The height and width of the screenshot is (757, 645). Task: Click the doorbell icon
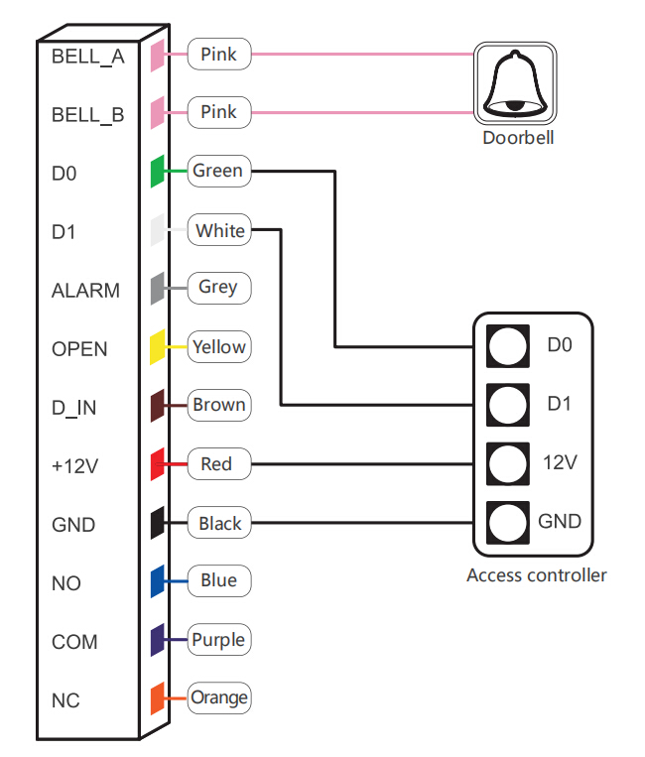click(x=515, y=83)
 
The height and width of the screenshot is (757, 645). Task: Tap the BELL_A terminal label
click(x=88, y=57)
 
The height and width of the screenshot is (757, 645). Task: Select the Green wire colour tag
click(x=219, y=171)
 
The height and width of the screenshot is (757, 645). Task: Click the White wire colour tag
click(x=219, y=230)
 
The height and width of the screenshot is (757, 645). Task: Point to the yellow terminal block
click(x=158, y=347)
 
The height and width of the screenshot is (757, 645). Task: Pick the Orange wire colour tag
click(x=219, y=698)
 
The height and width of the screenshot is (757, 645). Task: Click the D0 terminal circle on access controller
click(x=507, y=346)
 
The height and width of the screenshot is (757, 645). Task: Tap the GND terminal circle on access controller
click(x=507, y=523)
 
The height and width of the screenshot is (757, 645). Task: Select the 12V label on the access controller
click(x=560, y=462)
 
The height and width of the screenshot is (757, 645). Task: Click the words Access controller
click(x=537, y=575)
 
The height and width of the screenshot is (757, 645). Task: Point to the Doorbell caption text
click(x=518, y=138)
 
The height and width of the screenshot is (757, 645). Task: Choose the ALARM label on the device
click(x=86, y=291)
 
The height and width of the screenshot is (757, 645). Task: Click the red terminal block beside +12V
click(x=158, y=464)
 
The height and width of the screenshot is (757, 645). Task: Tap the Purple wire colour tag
click(x=219, y=640)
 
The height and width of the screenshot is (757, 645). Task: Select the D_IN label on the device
click(x=73, y=408)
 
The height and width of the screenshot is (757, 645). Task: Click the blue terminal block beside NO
click(x=158, y=581)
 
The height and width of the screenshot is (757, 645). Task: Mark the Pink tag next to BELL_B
click(x=219, y=112)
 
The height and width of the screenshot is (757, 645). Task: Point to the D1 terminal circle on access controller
click(x=507, y=405)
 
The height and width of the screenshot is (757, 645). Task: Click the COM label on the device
click(x=74, y=642)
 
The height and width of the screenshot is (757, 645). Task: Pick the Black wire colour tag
click(x=219, y=523)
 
